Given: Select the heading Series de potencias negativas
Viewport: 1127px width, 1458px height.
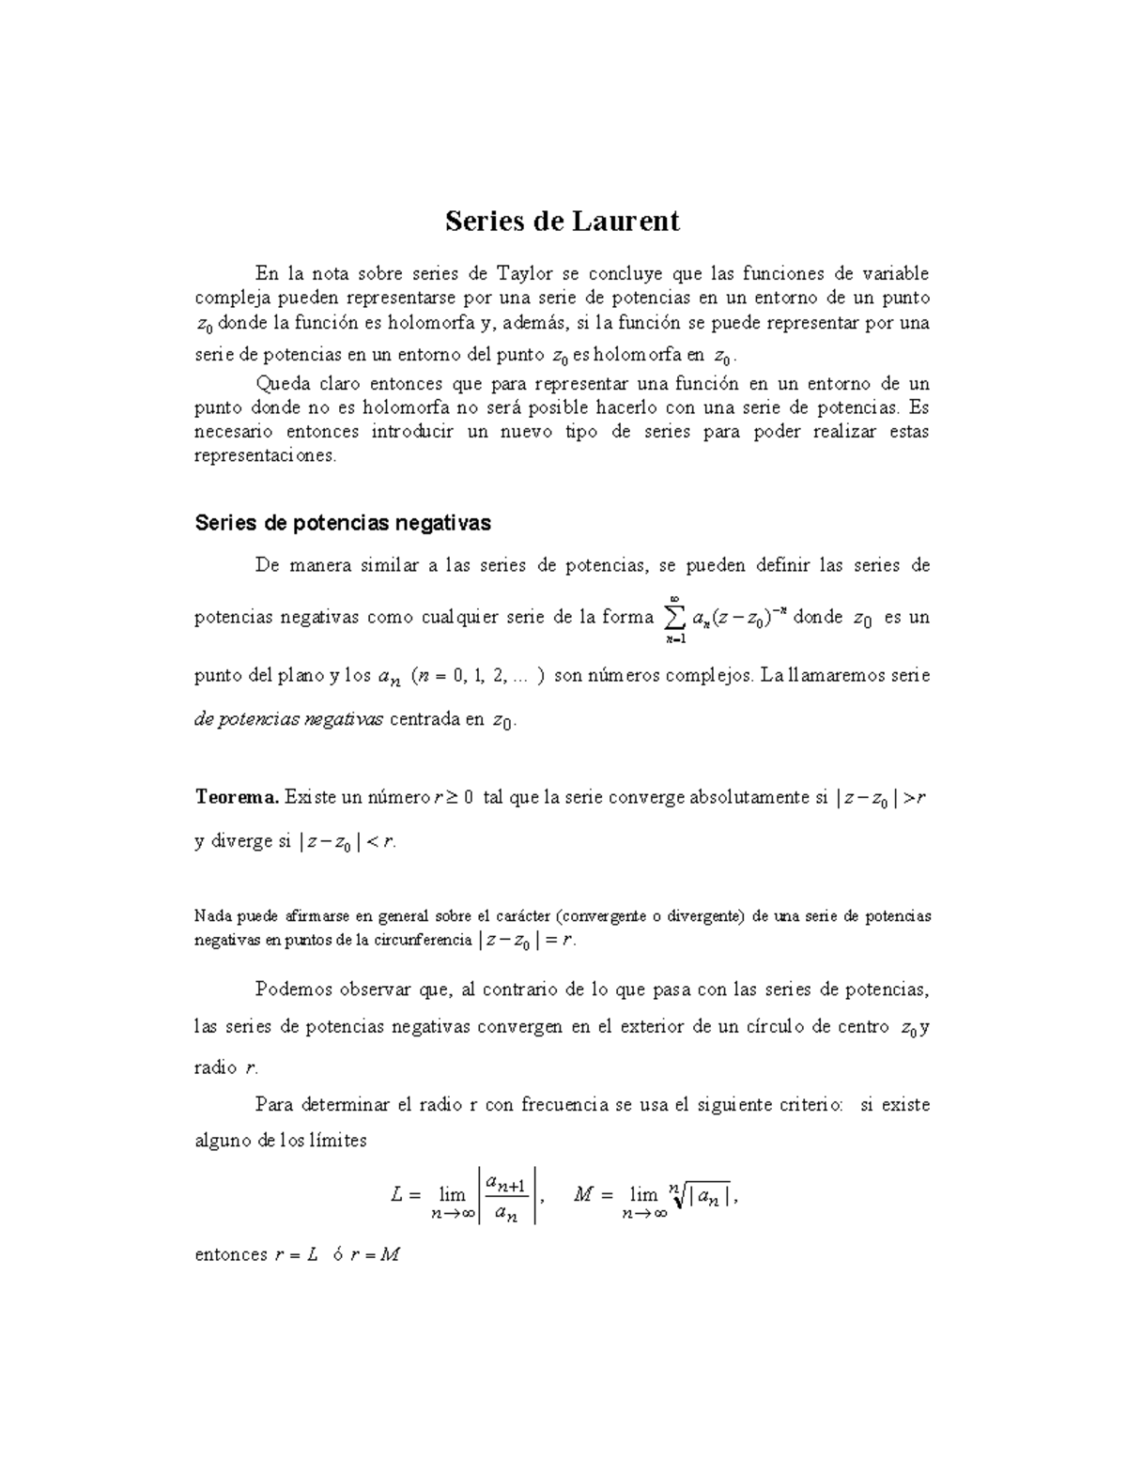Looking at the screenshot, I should pyautogui.click(x=343, y=523).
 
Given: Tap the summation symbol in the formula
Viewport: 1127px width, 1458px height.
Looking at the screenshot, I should pyautogui.click(x=673, y=617).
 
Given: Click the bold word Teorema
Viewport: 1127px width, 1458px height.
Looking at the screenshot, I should pyautogui.click(x=236, y=798).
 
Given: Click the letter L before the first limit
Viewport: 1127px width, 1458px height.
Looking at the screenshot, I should pyautogui.click(x=397, y=1195).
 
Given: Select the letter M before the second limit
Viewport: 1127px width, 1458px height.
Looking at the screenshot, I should pyautogui.click(x=583, y=1195).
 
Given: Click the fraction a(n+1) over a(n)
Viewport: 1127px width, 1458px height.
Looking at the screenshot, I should pyautogui.click(x=506, y=1195).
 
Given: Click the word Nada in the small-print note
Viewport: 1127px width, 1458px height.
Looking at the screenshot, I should pyautogui.click(x=211, y=916).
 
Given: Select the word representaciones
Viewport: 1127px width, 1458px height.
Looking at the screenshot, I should pyautogui.click(x=264, y=456).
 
